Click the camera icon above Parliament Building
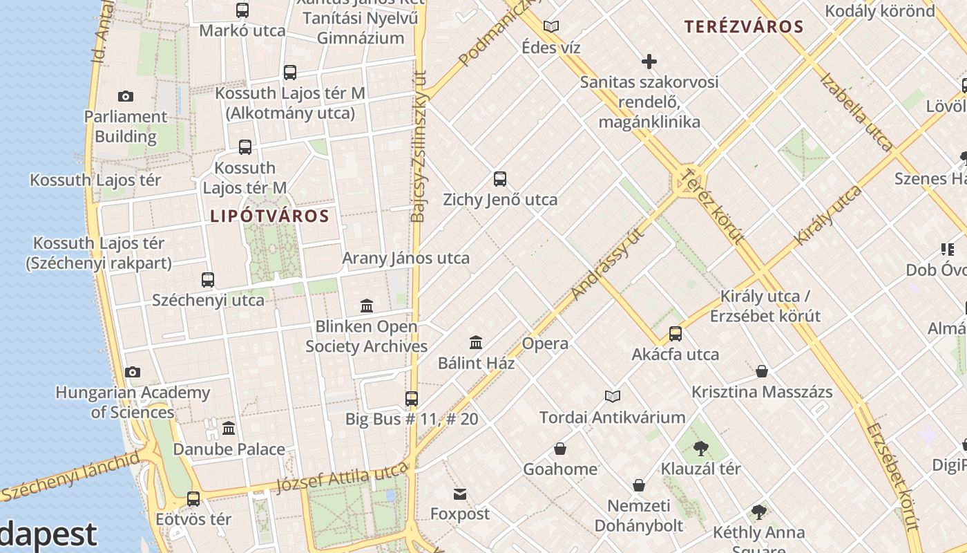point(126,96)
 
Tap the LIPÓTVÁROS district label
point(269,216)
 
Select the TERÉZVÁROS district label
point(744,27)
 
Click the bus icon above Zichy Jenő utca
point(500,179)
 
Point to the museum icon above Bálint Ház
point(476,342)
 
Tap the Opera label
point(545,344)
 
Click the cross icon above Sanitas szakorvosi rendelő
point(649,62)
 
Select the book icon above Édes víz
point(551,27)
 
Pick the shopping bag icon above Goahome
point(560,449)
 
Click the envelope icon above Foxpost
point(460,494)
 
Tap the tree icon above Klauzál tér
point(700,449)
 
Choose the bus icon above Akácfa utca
point(676,334)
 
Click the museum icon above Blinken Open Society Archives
point(367,306)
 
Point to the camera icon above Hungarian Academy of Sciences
point(133,373)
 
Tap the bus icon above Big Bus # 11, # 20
point(412,399)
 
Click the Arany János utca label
point(406,258)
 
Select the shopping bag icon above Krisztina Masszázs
point(762,372)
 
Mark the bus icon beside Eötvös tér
point(193,498)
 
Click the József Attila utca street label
point(342,476)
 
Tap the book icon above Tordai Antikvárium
point(612,397)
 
